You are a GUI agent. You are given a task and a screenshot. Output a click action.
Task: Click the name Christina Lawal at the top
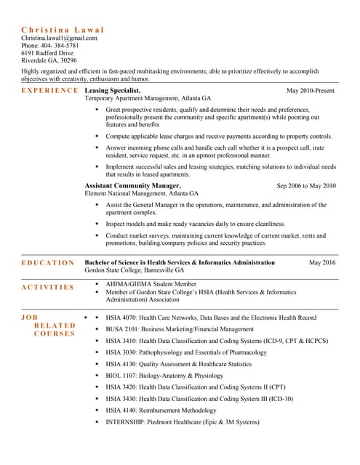[63, 29]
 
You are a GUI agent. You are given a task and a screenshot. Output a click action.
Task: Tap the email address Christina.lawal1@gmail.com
[64, 37]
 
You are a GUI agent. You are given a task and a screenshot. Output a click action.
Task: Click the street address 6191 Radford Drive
[47, 53]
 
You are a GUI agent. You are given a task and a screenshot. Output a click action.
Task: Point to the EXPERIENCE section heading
[49, 90]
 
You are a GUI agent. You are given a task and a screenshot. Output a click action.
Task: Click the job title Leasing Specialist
[112, 90]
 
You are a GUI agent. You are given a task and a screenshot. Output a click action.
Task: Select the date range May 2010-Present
[311, 91]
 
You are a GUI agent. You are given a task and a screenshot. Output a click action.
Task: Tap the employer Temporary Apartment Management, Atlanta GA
[148, 98]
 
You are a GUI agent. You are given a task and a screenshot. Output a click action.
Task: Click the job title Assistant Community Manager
[132, 185]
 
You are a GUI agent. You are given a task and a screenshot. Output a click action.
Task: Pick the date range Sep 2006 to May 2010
[306, 186]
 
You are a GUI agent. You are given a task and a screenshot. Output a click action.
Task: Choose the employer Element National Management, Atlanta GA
[141, 194]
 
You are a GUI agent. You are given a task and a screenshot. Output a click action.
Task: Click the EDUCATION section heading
[47, 263]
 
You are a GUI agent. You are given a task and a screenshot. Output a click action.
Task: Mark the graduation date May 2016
[322, 262]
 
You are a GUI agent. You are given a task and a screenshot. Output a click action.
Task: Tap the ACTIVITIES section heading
[47, 287]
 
